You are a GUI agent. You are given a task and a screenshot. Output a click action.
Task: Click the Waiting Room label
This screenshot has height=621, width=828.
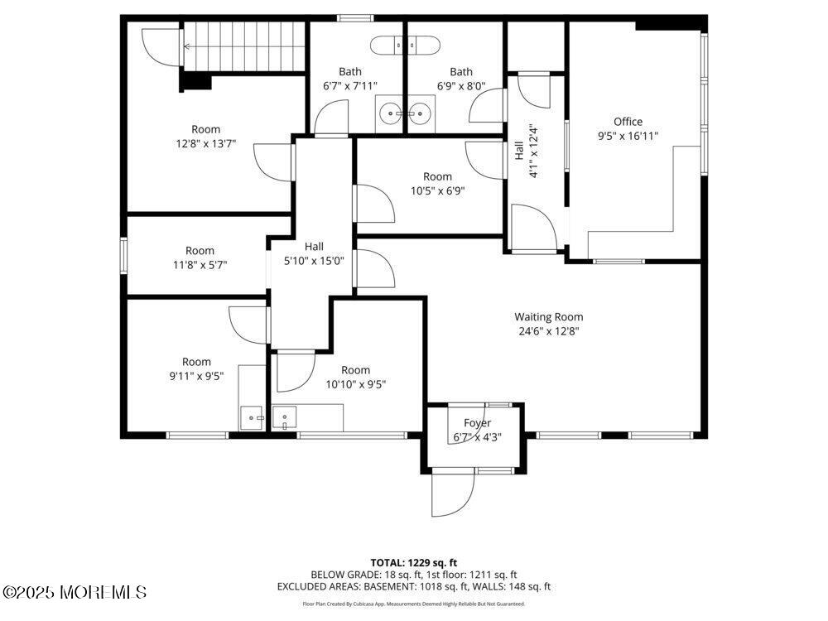pyautogui.click(x=549, y=317)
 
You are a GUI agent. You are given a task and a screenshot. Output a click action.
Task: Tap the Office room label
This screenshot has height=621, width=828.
pyautogui.click(x=628, y=122)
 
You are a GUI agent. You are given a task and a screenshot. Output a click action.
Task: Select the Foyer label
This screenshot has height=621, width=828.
pyautogui.click(x=478, y=423)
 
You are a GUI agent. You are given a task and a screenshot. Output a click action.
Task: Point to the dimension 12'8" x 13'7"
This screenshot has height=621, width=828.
pyautogui.click(x=206, y=143)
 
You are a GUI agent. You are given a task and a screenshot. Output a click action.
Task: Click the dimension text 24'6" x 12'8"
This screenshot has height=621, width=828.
pyautogui.click(x=549, y=331)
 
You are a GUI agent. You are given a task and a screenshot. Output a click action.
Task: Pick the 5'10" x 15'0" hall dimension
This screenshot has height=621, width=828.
pyautogui.click(x=314, y=260)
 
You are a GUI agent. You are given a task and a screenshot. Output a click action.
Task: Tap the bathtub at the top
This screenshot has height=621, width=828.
pyautogui.click(x=405, y=46)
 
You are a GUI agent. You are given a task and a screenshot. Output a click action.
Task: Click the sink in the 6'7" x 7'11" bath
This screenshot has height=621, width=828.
pyautogui.click(x=391, y=113)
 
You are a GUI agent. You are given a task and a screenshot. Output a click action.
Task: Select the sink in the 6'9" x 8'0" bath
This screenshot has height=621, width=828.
pyautogui.click(x=421, y=113)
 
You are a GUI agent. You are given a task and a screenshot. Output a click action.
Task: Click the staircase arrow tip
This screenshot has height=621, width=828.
pyautogui.click(x=185, y=46)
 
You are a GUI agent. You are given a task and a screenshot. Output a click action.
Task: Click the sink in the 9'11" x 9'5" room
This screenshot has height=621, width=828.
pyautogui.click(x=252, y=417)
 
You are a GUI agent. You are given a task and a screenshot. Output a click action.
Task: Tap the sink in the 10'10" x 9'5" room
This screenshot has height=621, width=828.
pyautogui.click(x=284, y=417)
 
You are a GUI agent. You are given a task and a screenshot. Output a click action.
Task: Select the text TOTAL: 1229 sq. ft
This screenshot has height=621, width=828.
pyautogui.click(x=413, y=563)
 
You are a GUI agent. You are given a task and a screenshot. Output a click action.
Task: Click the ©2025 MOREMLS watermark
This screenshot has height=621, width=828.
pyautogui.click(x=74, y=592)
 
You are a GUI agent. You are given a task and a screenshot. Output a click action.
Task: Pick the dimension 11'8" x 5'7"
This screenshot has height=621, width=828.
pyautogui.click(x=200, y=265)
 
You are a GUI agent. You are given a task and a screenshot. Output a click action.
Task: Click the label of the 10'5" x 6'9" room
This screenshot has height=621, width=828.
pyautogui.click(x=438, y=176)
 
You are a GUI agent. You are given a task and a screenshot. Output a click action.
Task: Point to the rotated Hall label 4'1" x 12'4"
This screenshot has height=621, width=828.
pyautogui.click(x=526, y=152)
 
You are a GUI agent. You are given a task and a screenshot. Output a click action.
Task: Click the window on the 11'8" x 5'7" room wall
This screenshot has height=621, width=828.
pyautogui.click(x=124, y=256)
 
